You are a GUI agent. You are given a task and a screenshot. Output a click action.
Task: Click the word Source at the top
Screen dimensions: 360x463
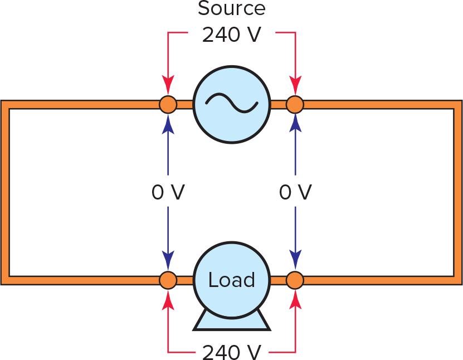tap(231, 9)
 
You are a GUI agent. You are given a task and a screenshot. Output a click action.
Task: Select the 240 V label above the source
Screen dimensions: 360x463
tap(231, 35)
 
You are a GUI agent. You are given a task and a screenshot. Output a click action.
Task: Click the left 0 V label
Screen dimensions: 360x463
tap(168, 192)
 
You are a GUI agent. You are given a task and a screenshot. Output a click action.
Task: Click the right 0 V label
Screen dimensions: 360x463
tap(295, 192)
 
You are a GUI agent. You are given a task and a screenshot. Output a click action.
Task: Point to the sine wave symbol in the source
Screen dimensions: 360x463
tap(231, 104)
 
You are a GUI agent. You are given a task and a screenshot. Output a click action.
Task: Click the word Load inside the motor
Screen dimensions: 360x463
tap(231, 280)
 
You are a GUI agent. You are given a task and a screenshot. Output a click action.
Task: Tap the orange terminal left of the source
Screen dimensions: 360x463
tap(168, 104)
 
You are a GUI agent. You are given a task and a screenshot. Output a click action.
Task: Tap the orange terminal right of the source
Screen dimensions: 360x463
tap(295, 104)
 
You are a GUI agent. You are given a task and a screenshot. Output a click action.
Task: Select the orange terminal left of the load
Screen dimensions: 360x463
tap(168, 280)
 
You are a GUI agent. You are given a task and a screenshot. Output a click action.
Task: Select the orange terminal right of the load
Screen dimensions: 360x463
tap(295, 280)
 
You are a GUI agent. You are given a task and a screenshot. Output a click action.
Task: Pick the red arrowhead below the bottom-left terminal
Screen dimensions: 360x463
tap(168, 299)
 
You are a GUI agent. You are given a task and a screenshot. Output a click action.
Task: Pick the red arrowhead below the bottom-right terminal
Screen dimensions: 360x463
tap(295, 299)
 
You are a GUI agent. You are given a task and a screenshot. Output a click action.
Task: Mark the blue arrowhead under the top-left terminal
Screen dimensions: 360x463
tap(168, 123)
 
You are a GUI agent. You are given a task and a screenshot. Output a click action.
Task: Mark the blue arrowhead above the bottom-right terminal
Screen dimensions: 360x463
tap(295, 260)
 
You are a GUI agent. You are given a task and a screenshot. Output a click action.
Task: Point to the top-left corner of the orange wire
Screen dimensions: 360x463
tap(5, 104)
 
